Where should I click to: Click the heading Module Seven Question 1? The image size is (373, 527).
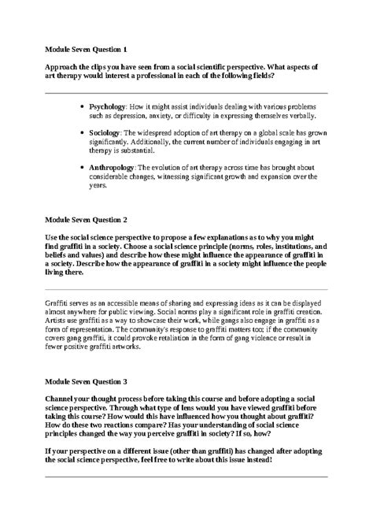tap(86, 49)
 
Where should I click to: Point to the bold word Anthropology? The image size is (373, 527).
tap(112, 169)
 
